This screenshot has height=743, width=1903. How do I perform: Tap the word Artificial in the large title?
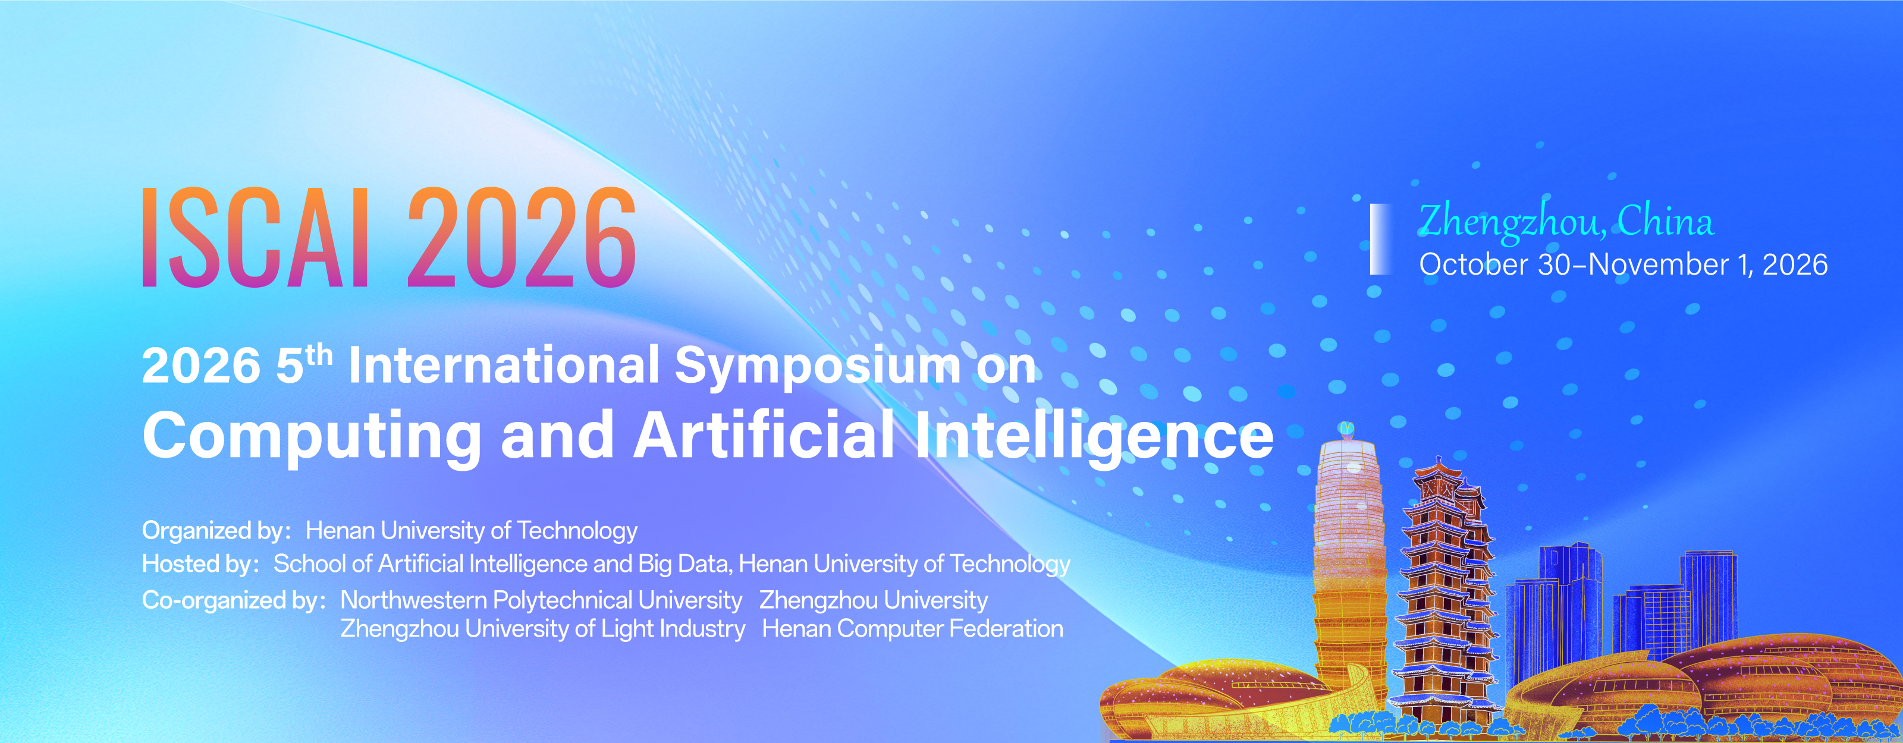pyautogui.click(x=765, y=435)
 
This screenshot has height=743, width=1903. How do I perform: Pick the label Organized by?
pyautogui.click(x=216, y=531)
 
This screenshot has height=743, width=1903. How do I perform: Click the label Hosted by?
pyautogui.click(x=201, y=564)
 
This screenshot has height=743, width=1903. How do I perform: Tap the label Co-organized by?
pyautogui.click(x=234, y=600)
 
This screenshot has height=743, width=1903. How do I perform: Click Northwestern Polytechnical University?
pyautogui.click(x=541, y=600)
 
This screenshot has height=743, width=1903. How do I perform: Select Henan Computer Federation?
pyautogui.click(x=912, y=628)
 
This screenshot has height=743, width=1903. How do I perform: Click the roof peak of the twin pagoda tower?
pyautogui.click(x=1437, y=461)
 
